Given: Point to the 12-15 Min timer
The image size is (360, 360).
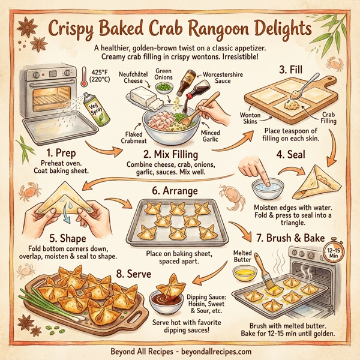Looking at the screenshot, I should [x=334, y=251].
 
